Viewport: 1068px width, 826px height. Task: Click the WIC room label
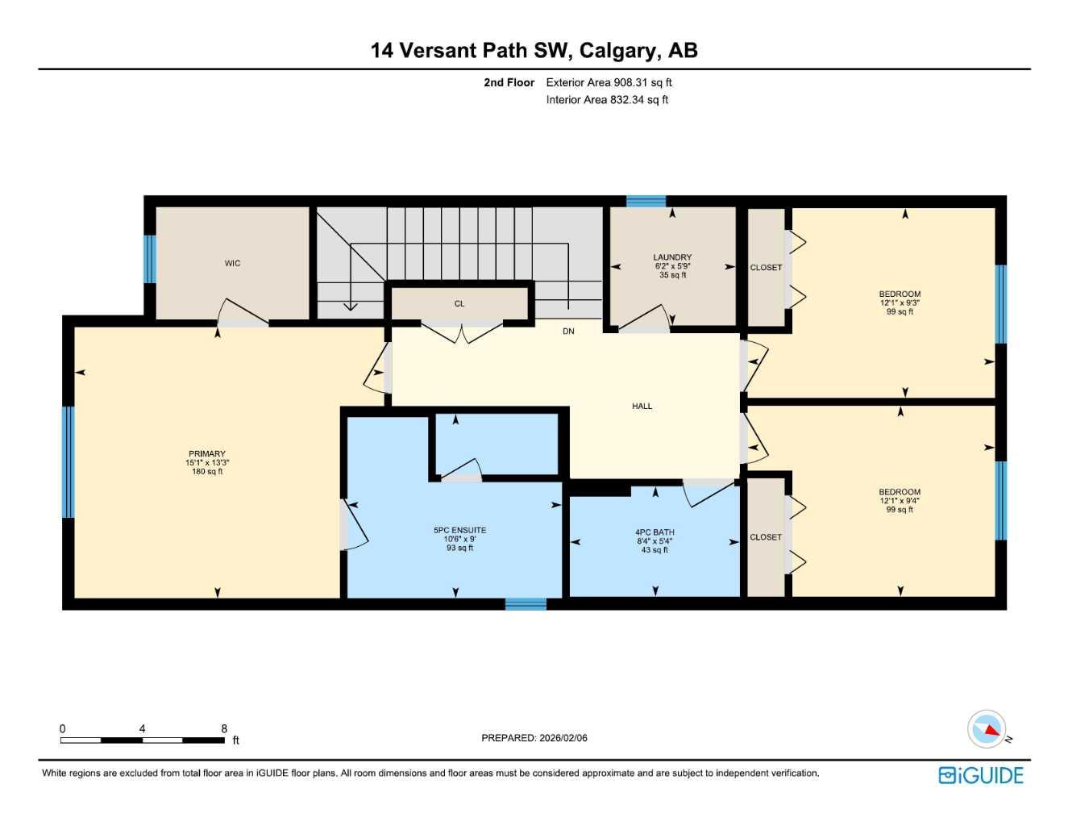232,264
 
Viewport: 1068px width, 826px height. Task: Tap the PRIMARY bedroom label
207,454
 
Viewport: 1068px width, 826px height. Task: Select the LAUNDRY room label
672,257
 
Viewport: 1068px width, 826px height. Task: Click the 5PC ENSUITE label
459,531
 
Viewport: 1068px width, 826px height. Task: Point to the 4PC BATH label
655,532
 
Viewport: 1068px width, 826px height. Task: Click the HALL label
642,407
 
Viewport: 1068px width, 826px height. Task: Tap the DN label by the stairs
568,332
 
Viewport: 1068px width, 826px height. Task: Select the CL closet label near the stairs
459,304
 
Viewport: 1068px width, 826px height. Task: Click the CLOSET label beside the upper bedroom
766,268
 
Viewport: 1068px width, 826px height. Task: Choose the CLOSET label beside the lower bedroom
766,537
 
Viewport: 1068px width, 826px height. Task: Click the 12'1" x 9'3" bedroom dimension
900,303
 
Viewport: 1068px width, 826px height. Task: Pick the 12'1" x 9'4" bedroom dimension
900,501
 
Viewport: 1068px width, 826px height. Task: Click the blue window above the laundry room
646,202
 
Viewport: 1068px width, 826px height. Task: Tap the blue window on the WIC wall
149,259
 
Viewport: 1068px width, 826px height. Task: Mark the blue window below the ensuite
526,603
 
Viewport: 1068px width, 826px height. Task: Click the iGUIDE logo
981,775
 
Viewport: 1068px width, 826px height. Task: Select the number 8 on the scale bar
224,728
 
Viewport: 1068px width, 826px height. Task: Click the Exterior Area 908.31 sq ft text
609,82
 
